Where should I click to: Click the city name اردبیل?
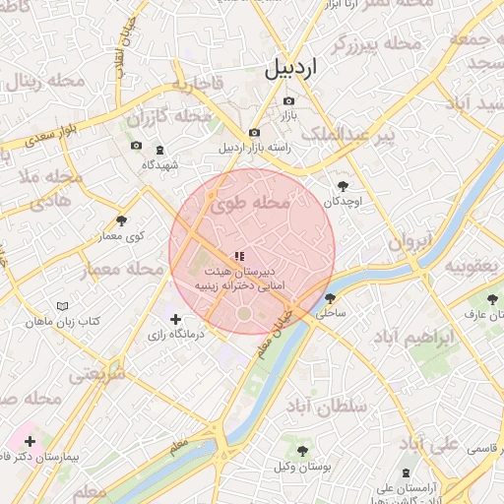(292, 70)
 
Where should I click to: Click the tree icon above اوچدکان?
(343, 186)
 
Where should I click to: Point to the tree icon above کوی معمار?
(121, 221)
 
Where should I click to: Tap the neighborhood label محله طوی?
(251, 204)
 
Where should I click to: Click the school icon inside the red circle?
(239, 255)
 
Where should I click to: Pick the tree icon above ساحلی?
(330, 298)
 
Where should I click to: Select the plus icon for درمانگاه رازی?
(176, 319)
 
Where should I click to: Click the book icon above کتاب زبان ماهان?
(64, 307)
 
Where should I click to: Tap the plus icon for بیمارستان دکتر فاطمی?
(31, 441)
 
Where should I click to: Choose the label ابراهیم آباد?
(442, 338)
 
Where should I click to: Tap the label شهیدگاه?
(160, 164)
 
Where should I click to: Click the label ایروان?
(409, 242)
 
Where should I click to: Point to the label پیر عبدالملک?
(359, 134)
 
